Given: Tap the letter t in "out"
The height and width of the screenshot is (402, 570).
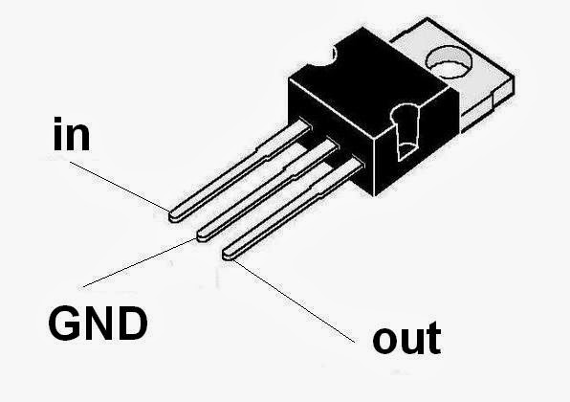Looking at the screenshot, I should tap(432, 336).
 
